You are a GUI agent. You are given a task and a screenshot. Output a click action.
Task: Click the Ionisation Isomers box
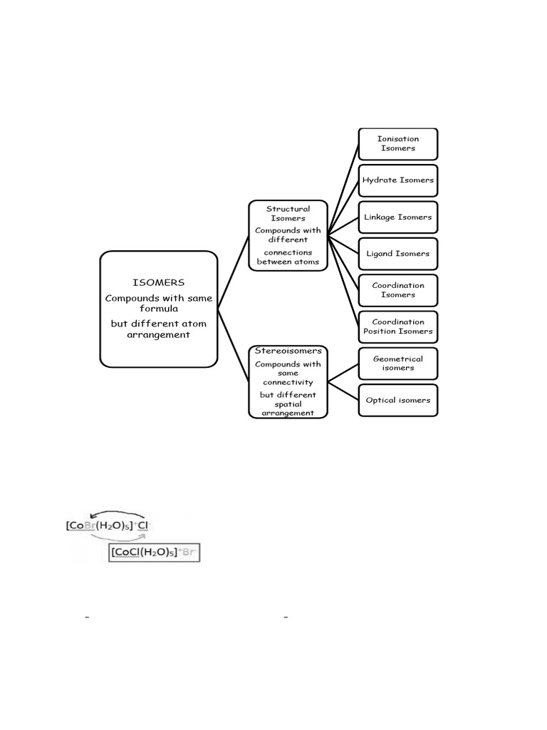pos(397,144)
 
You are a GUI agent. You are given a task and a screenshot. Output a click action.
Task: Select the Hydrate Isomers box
pos(397,180)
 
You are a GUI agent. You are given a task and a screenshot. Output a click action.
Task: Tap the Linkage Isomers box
pos(397,217)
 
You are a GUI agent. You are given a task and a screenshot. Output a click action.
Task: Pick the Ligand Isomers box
pos(397,254)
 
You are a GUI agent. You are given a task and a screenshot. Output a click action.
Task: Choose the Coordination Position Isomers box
pos(397,327)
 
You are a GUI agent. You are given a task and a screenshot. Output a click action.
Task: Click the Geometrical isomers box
pos(397,364)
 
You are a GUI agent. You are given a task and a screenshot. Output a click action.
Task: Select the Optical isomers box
pos(397,401)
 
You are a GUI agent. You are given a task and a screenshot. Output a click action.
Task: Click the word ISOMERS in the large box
pos(159,282)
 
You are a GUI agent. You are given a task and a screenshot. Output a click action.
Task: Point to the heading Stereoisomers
pos(288,351)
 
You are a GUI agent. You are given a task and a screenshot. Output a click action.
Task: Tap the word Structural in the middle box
pos(288,209)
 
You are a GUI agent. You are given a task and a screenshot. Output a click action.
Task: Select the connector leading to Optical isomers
pos(343,391)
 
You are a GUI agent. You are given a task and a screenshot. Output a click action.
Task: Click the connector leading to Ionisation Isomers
pos(343,188)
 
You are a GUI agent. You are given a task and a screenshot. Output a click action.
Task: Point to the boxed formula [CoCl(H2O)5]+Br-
pos(154,552)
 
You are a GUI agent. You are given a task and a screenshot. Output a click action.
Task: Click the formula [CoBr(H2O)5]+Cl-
pos(108,525)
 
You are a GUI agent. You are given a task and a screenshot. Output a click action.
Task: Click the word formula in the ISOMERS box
pos(159,309)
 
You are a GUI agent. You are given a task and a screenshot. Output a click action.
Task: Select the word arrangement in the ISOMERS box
pos(159,335)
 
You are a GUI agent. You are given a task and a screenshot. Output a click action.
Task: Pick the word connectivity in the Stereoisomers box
pos(288,383)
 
